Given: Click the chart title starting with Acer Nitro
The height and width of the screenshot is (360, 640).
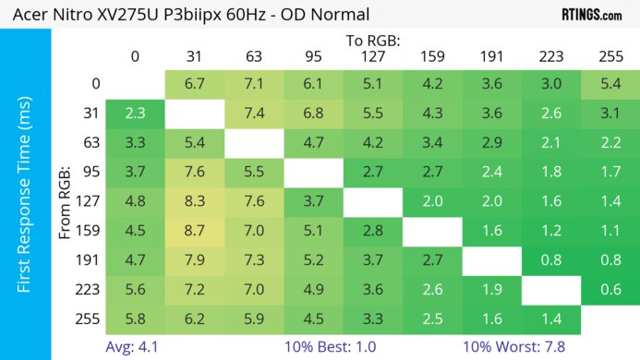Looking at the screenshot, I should pyautogui.click(x=187, y=14).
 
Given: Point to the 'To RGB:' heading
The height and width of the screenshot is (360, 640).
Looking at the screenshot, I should pyautogui.click(x=371, y=41).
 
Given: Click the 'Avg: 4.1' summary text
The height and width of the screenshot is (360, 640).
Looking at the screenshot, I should pyautogui.click(x=132, y=348).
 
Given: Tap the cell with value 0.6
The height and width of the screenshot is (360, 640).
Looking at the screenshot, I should pyautogui.click(x=609, y=289).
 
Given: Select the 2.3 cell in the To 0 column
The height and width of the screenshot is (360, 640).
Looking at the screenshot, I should pyautogui.click(x=135, y=114).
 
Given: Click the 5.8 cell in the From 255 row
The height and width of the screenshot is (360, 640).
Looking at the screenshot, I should pyautogui.click(x=135, y=318).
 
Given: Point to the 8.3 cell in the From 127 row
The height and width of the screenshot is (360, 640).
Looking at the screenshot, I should pyautogui.click(x=194, y=199).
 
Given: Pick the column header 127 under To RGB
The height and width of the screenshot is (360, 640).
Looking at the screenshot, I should pyautogui.click(x=371, y=56).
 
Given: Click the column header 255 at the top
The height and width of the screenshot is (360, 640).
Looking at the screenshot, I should pyautogui.click(x=609, y=56).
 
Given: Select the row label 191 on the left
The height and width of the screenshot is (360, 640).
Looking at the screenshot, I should pyautogui.click(x=88, y=259).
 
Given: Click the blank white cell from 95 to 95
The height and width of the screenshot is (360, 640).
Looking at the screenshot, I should pyautogui.click(x=312, y=171).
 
